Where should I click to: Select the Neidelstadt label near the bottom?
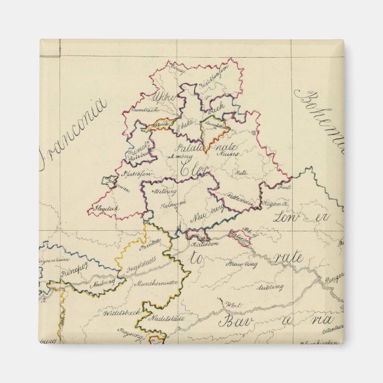pos(165,319)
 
